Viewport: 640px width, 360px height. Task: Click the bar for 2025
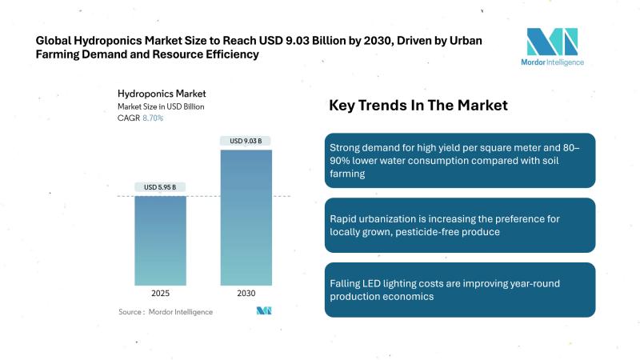(160, 240)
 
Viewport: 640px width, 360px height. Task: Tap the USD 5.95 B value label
(160, 187)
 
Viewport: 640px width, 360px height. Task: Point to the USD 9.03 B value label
(246, 142)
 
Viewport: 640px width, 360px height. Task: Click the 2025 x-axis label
(160, 294)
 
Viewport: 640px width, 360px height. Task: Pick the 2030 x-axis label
(246, 294)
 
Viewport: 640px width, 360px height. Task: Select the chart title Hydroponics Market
(157, 93)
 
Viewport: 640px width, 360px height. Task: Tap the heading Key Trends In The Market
(418, 106)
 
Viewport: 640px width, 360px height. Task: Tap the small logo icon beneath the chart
(265, 310)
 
